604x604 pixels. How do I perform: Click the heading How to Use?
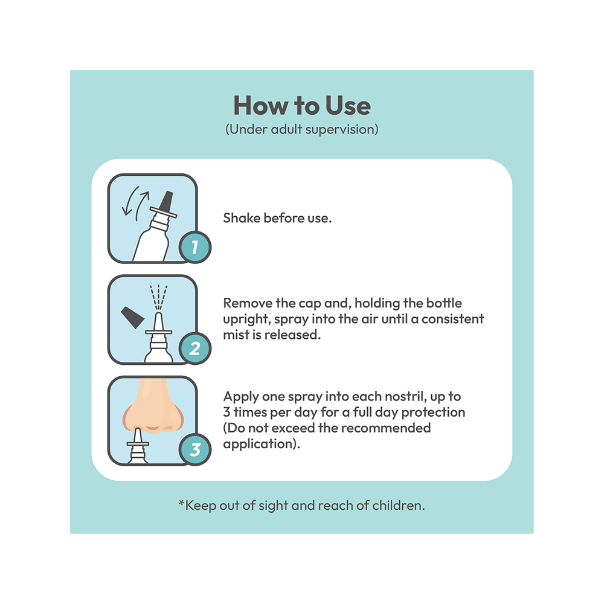tap(302, 105)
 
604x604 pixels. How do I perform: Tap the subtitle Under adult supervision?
tap(302, 129)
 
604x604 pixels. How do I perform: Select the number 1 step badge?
tap(195, 247)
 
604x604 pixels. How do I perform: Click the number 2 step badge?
tap(195, 349)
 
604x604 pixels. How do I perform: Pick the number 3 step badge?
tap(195, 449)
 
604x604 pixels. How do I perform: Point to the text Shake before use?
tap(277, 218)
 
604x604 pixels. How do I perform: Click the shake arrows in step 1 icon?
tap(135, 203)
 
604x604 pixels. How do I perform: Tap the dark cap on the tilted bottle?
tap(166, 202)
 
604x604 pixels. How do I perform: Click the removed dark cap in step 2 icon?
tap(132, 317)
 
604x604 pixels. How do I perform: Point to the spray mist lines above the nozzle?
tap(158, 297)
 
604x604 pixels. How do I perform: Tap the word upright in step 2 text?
tap(247, 320)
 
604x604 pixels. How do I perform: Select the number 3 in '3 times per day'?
tap(226, 412)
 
